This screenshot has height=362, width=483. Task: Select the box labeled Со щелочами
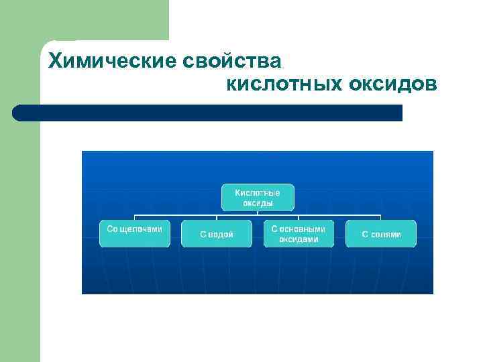point(135,233)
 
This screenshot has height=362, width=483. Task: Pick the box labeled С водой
point(217,233)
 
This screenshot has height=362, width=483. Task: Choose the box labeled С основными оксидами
point(299,233)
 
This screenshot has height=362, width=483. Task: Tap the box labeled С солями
point(381,233)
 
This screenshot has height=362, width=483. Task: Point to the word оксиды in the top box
point(258,202)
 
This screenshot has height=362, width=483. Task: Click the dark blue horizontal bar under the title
point(208,113)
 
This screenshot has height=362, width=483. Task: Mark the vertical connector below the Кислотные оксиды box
point(258,214)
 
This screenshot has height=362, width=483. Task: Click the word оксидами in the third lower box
point(299,239)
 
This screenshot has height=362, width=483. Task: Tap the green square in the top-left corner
point(84,20)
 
